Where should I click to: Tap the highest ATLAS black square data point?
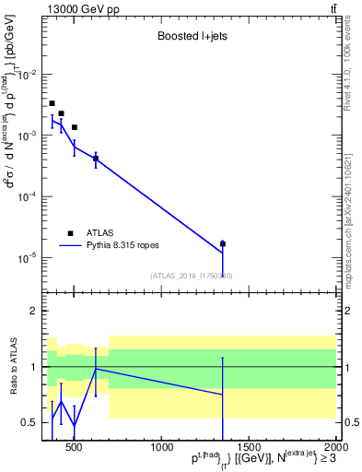click(52, 103)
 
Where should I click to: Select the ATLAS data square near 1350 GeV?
click(223, 243)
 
